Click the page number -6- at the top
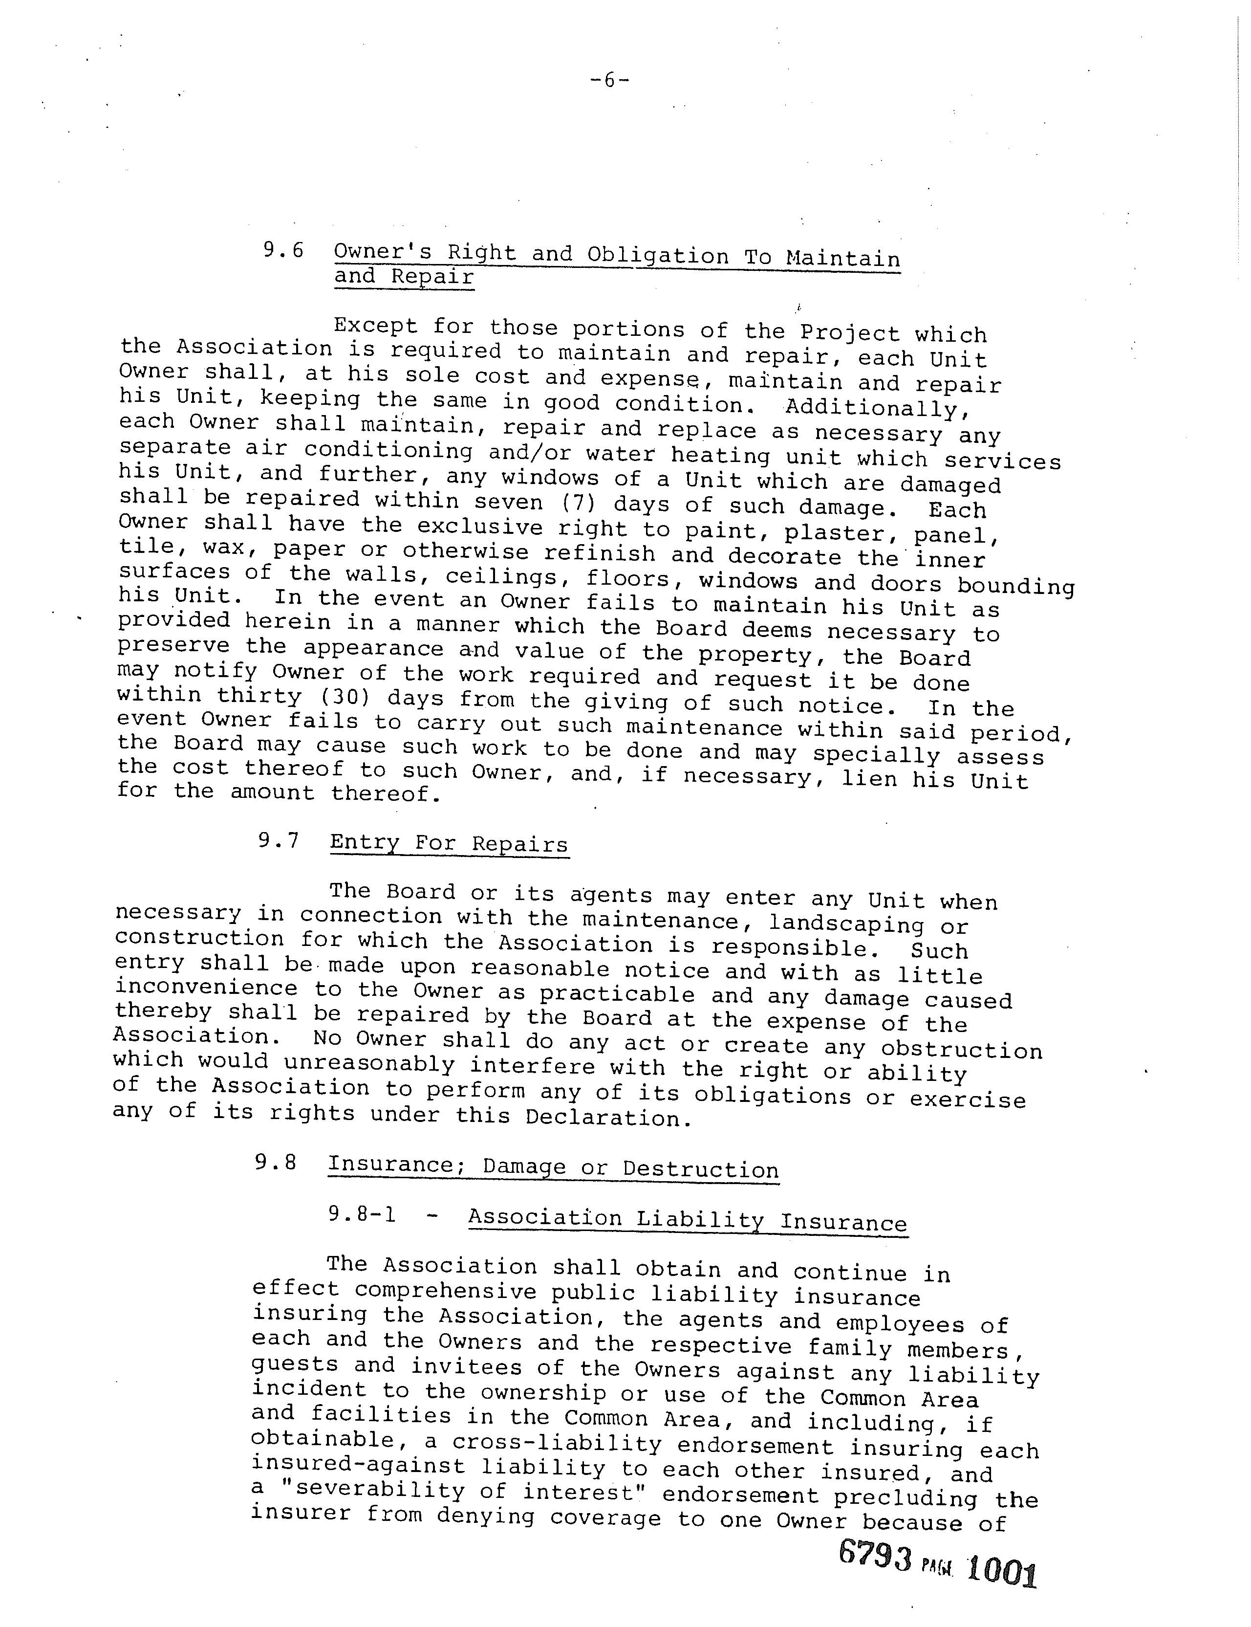point(609,80)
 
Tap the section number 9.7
point(279,841)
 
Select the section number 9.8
point(275,1163)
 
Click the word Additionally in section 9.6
point(879,408)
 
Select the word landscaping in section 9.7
point(846,924)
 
